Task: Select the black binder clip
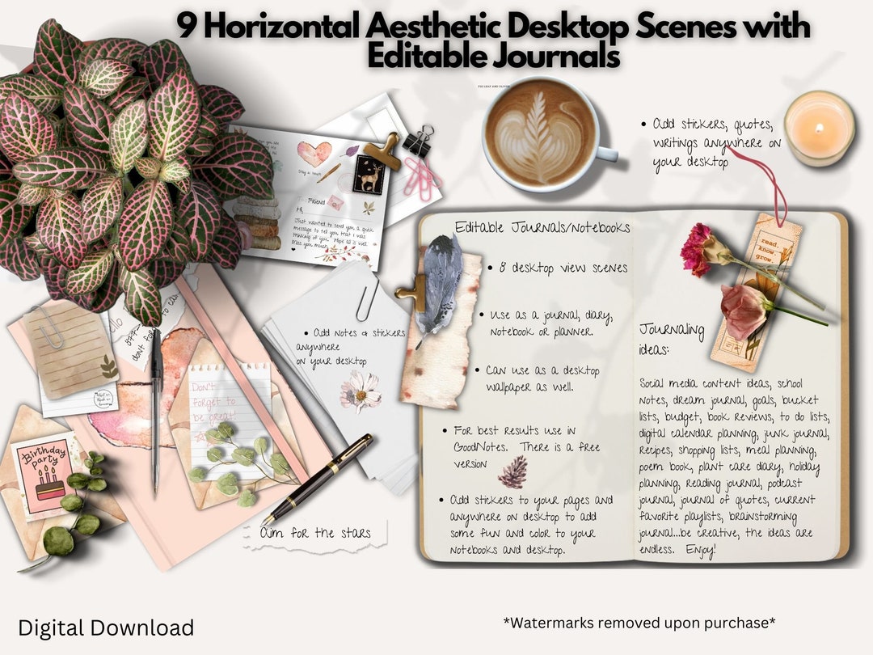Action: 418,142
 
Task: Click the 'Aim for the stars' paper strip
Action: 315,533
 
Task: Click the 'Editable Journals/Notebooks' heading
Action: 542,227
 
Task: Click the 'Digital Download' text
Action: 106,628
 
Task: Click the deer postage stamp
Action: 367,174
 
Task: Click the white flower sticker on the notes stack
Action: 360,391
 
